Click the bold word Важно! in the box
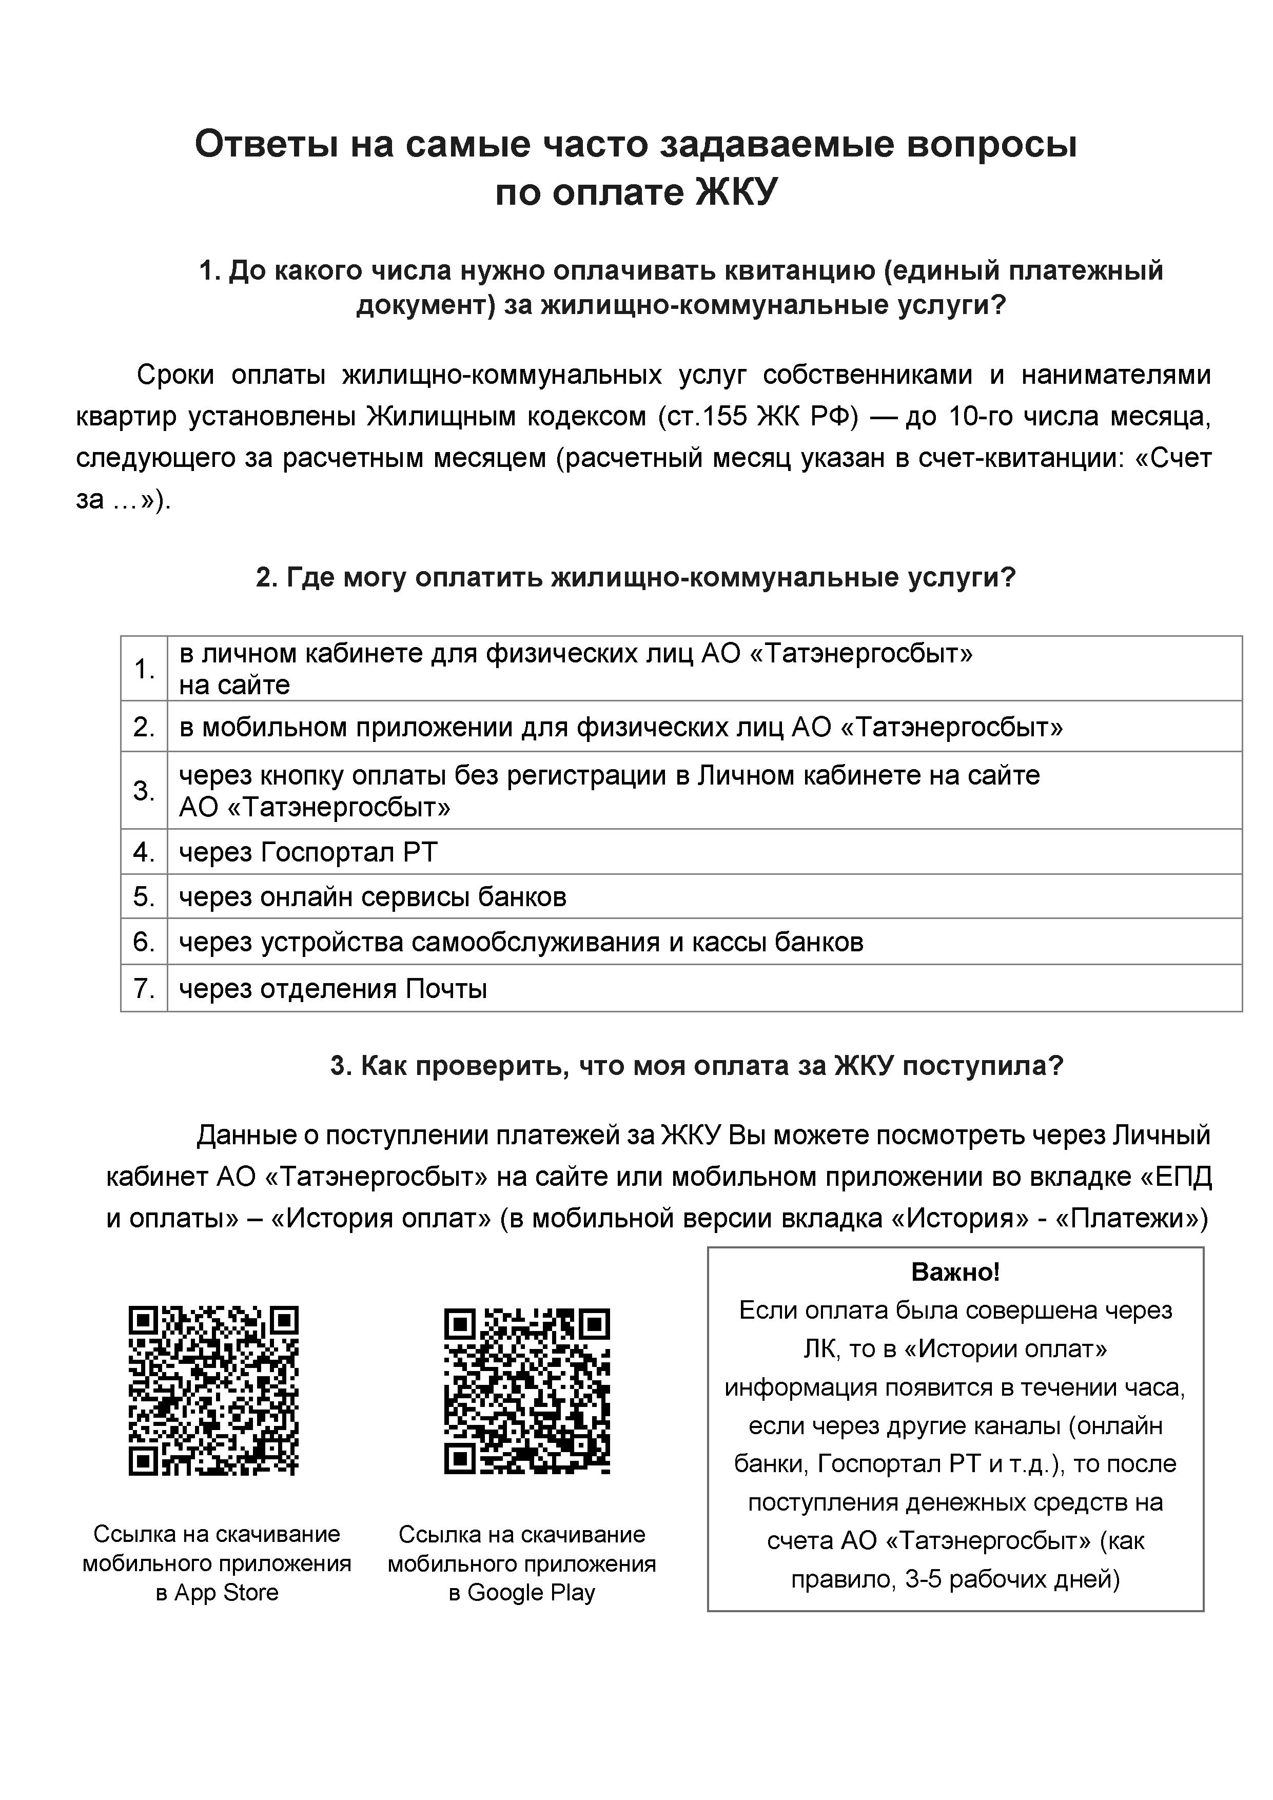(x=955, y=1271)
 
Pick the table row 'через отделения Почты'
(x=333, y=989)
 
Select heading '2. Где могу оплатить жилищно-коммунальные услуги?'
(x=636, y=578)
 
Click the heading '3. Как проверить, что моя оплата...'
(x=696, y=1066)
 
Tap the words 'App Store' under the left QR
(x=227, y=1592)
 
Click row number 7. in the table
(x=144, y=989)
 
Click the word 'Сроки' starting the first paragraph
(x=175, y=375)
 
